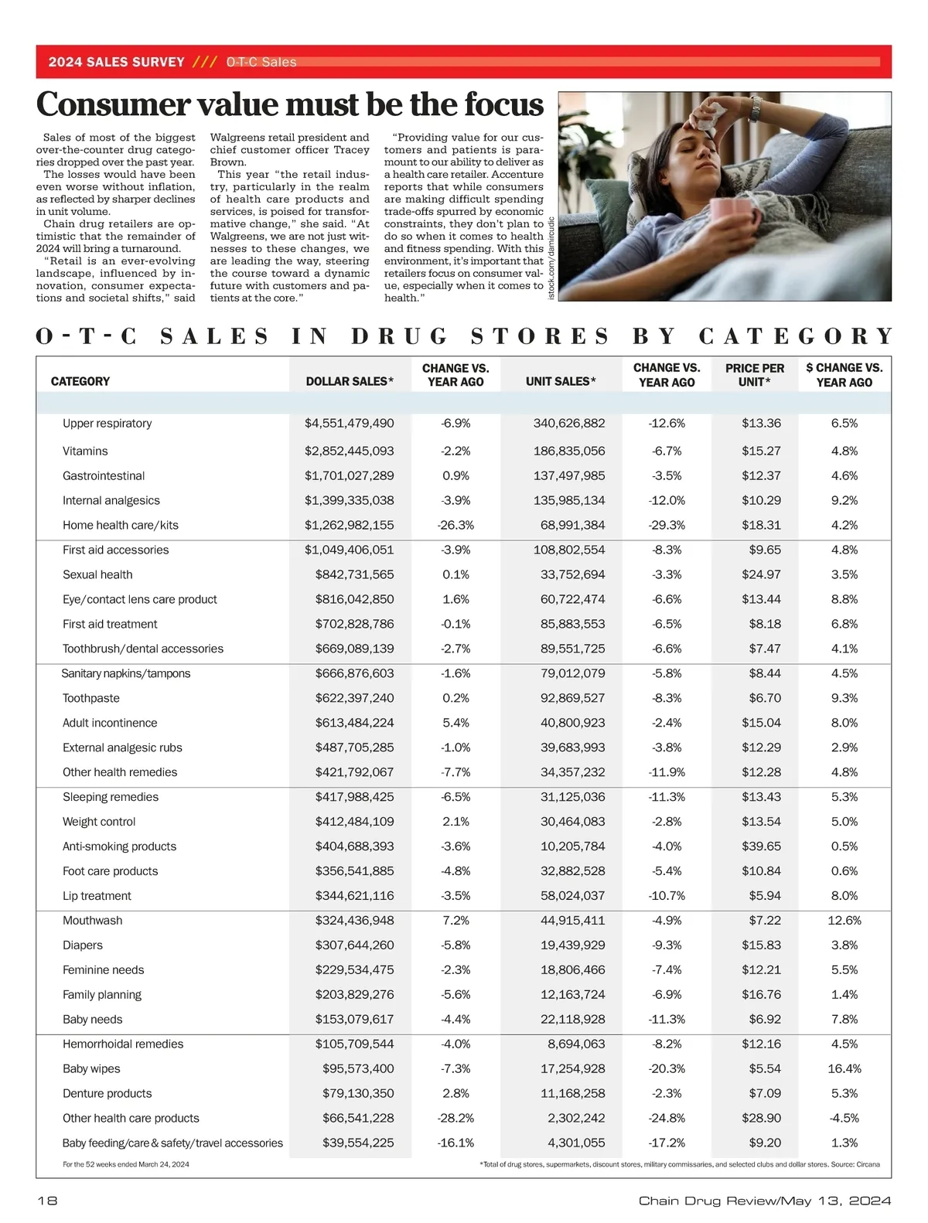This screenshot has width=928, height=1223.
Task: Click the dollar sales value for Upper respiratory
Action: (x=349, y=423)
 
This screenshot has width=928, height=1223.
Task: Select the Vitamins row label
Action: (x=85, y=451)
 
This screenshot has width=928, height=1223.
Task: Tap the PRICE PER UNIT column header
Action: (x=754, y=375)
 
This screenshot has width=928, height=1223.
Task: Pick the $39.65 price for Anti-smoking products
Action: (x=761, y=847)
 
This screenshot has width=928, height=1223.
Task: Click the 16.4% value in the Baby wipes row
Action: (x=844, y=1068)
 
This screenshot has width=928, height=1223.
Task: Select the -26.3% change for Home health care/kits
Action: (x=455, y=525)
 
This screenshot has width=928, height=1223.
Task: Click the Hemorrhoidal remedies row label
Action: (x=123, y=1044)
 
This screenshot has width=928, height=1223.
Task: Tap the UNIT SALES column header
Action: (x=561, y=381)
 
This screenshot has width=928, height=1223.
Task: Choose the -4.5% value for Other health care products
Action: (x=844, y=1118)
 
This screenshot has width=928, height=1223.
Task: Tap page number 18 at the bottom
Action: (x=47, y=1201)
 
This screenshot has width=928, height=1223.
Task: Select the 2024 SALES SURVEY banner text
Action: (x=116, y=62)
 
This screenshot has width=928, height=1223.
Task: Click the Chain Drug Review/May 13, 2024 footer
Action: (x=764, y=1201)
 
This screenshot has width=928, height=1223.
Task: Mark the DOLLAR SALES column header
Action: (x=350, y=381)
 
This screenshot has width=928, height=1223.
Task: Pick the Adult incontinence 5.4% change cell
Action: (x=455, y=723)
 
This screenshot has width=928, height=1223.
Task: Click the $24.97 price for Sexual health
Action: (x=761, y=574)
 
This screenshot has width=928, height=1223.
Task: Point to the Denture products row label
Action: (x=107, y=1093)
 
